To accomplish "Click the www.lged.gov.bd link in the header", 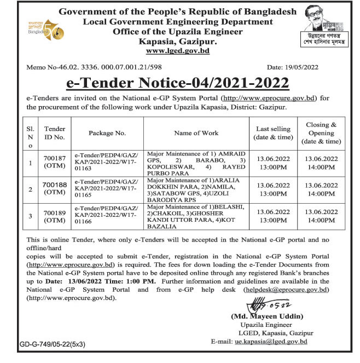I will tap(177, 51).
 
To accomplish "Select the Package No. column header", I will tap(107, 132).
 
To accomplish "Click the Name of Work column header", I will tap(196, 132).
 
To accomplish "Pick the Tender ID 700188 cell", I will tap(55, 189).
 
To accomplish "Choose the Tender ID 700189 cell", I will tap(55, 217).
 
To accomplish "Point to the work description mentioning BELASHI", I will tap(196, 216).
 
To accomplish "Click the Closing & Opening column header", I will tap(321, 132).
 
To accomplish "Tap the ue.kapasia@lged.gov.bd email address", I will tap(271, 341).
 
